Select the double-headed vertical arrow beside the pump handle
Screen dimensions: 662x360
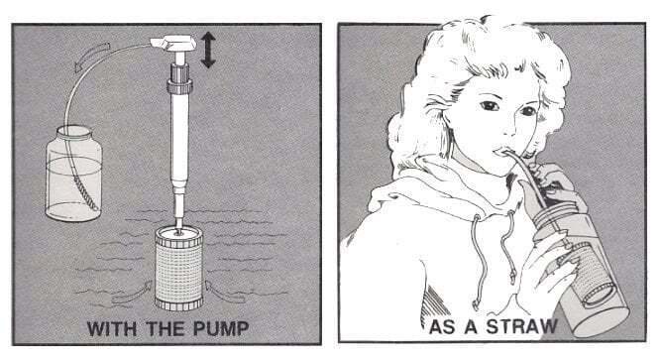208,50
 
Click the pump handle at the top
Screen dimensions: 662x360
173,44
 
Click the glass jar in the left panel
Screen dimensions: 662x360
73,174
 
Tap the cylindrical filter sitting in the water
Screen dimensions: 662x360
179,268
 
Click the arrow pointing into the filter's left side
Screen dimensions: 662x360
132,293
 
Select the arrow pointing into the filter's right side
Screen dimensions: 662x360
225,292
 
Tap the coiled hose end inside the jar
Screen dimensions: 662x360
85,193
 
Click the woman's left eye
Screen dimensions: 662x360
527,111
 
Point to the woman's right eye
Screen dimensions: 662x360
490,105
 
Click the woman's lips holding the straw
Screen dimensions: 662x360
503,151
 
